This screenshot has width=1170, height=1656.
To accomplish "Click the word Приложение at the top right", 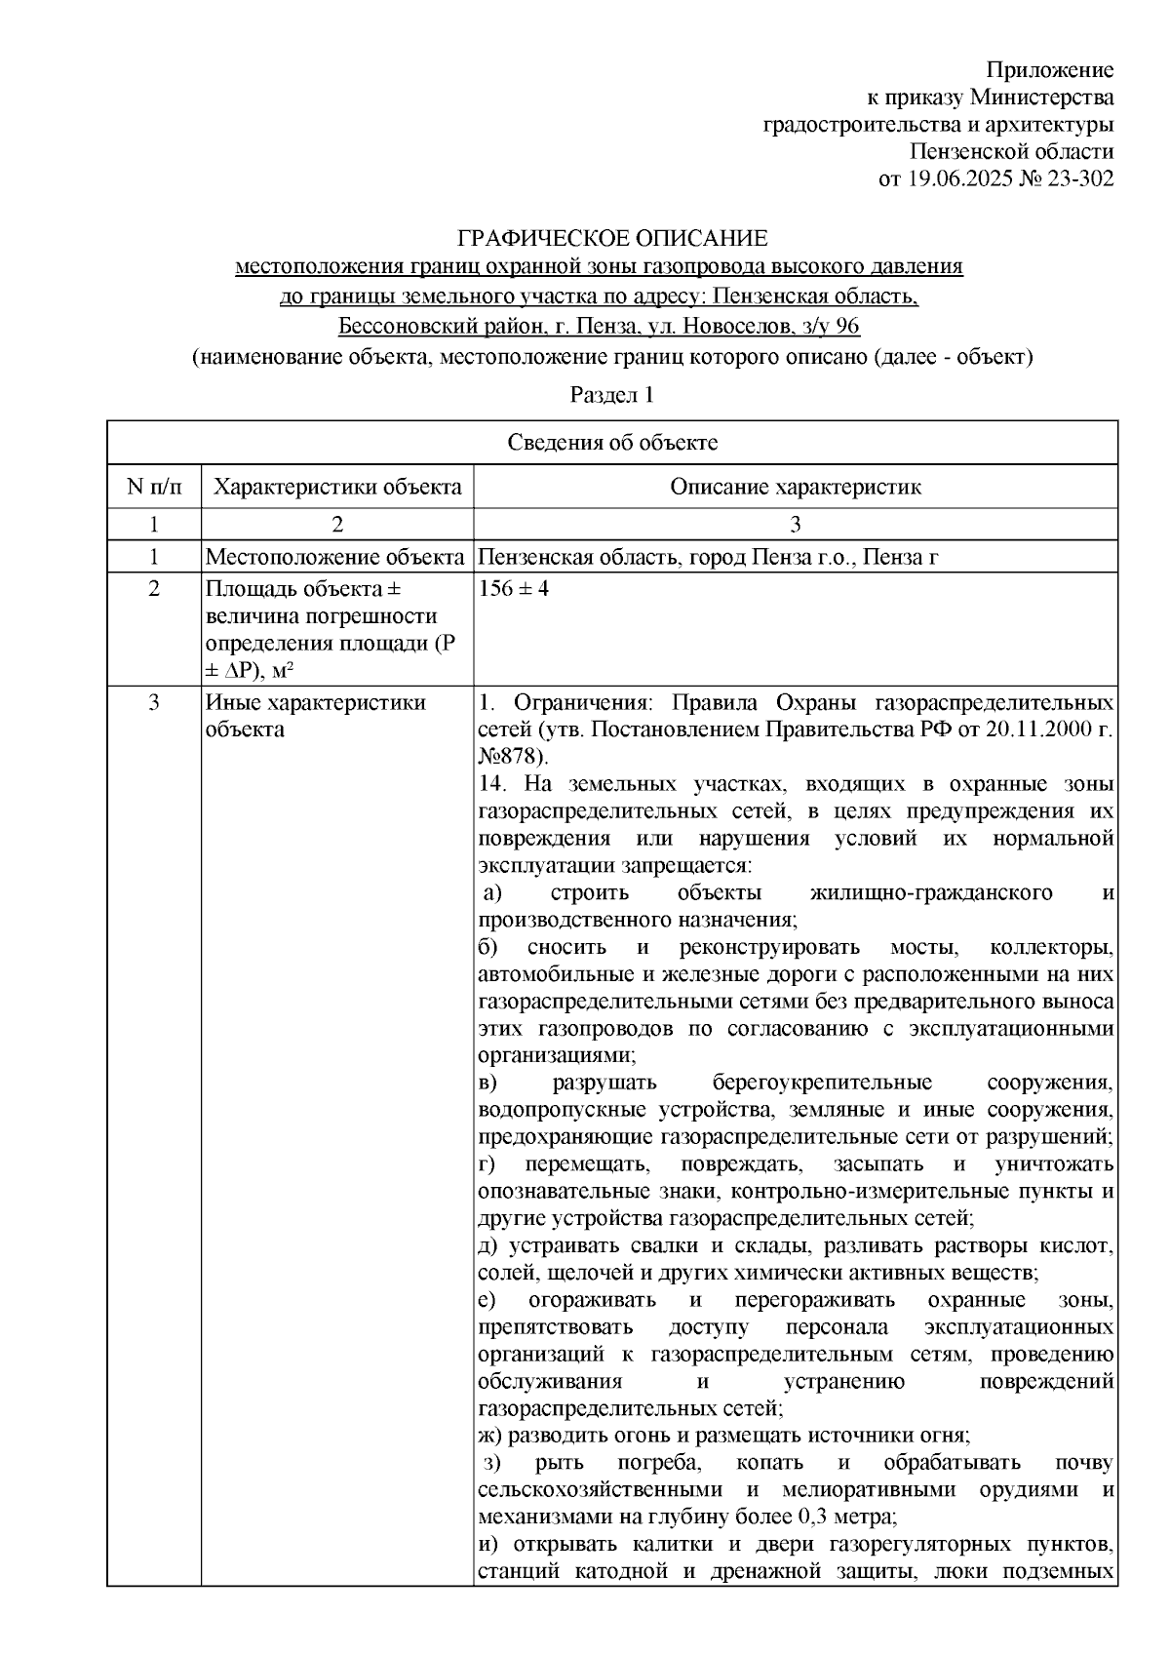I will click(x=1049, y=70).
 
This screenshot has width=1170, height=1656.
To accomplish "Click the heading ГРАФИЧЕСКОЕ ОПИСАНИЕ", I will click(x=613, y=238).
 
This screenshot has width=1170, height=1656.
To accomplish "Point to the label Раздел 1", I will click(x=610, y=396).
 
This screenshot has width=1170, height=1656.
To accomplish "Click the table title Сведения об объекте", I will click(x=612, y=443).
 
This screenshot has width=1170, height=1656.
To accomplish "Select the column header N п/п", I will click(x=153, y=487).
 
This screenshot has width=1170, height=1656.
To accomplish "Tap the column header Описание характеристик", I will click(x=795, y=487).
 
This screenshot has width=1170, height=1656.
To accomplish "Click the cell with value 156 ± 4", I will click(x=515, y=590).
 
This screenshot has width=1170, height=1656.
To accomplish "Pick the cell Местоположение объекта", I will click(x=335, y=558).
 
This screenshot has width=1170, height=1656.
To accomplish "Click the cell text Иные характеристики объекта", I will click(x=314, y=715).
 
